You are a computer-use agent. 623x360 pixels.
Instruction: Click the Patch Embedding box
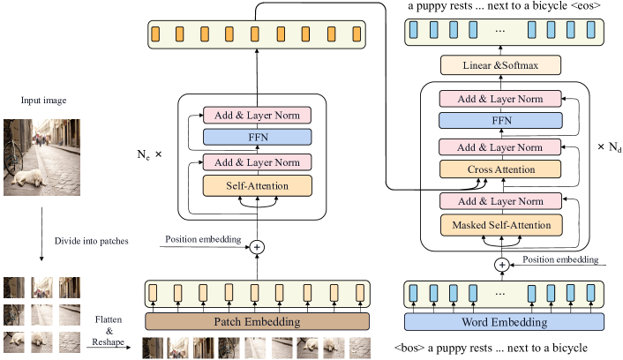258,322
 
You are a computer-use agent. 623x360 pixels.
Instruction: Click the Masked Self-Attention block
500,225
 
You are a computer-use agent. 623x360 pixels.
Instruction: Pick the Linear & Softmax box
500,64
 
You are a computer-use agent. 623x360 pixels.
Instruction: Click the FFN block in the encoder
258,137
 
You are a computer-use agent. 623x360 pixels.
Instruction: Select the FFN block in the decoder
500,120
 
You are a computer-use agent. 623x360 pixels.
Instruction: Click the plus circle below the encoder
258,248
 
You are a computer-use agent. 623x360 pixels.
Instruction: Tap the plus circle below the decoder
501,264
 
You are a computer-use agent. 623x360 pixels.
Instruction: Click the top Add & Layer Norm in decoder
500,99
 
